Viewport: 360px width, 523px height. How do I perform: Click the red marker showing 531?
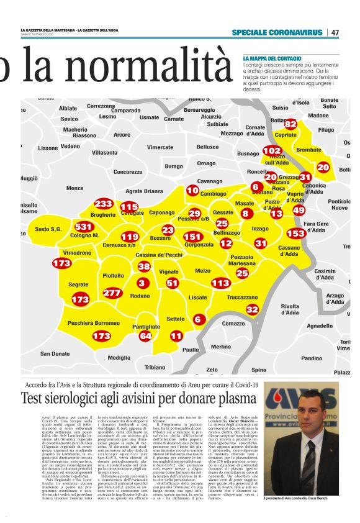(x=83, y=227)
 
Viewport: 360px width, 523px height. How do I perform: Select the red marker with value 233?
(x=103, y=204)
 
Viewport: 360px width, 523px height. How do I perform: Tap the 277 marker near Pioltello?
(x=112, y=293)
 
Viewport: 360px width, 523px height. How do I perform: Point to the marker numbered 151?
(x=193, y=237)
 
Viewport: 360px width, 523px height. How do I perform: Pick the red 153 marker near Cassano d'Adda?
(x=296, y=233)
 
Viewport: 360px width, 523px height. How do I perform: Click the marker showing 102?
(x=272, y=151)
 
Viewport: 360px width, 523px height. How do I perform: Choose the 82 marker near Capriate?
(x=290, y=124)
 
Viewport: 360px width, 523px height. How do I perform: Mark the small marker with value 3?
(x=142, y=283)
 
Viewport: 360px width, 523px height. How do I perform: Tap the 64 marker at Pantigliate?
(x=145, y=336)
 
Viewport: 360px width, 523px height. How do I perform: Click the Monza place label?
(x=74, y=188)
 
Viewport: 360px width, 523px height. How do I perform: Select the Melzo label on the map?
(x=203, y=271)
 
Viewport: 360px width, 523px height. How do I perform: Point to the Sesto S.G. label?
(x=48, y=229)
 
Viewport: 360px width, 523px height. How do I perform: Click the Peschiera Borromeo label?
(x=93, y=323)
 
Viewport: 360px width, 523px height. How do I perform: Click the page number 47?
(x=335, y=32)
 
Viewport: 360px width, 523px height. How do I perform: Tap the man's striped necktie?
(x=308, y=471)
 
